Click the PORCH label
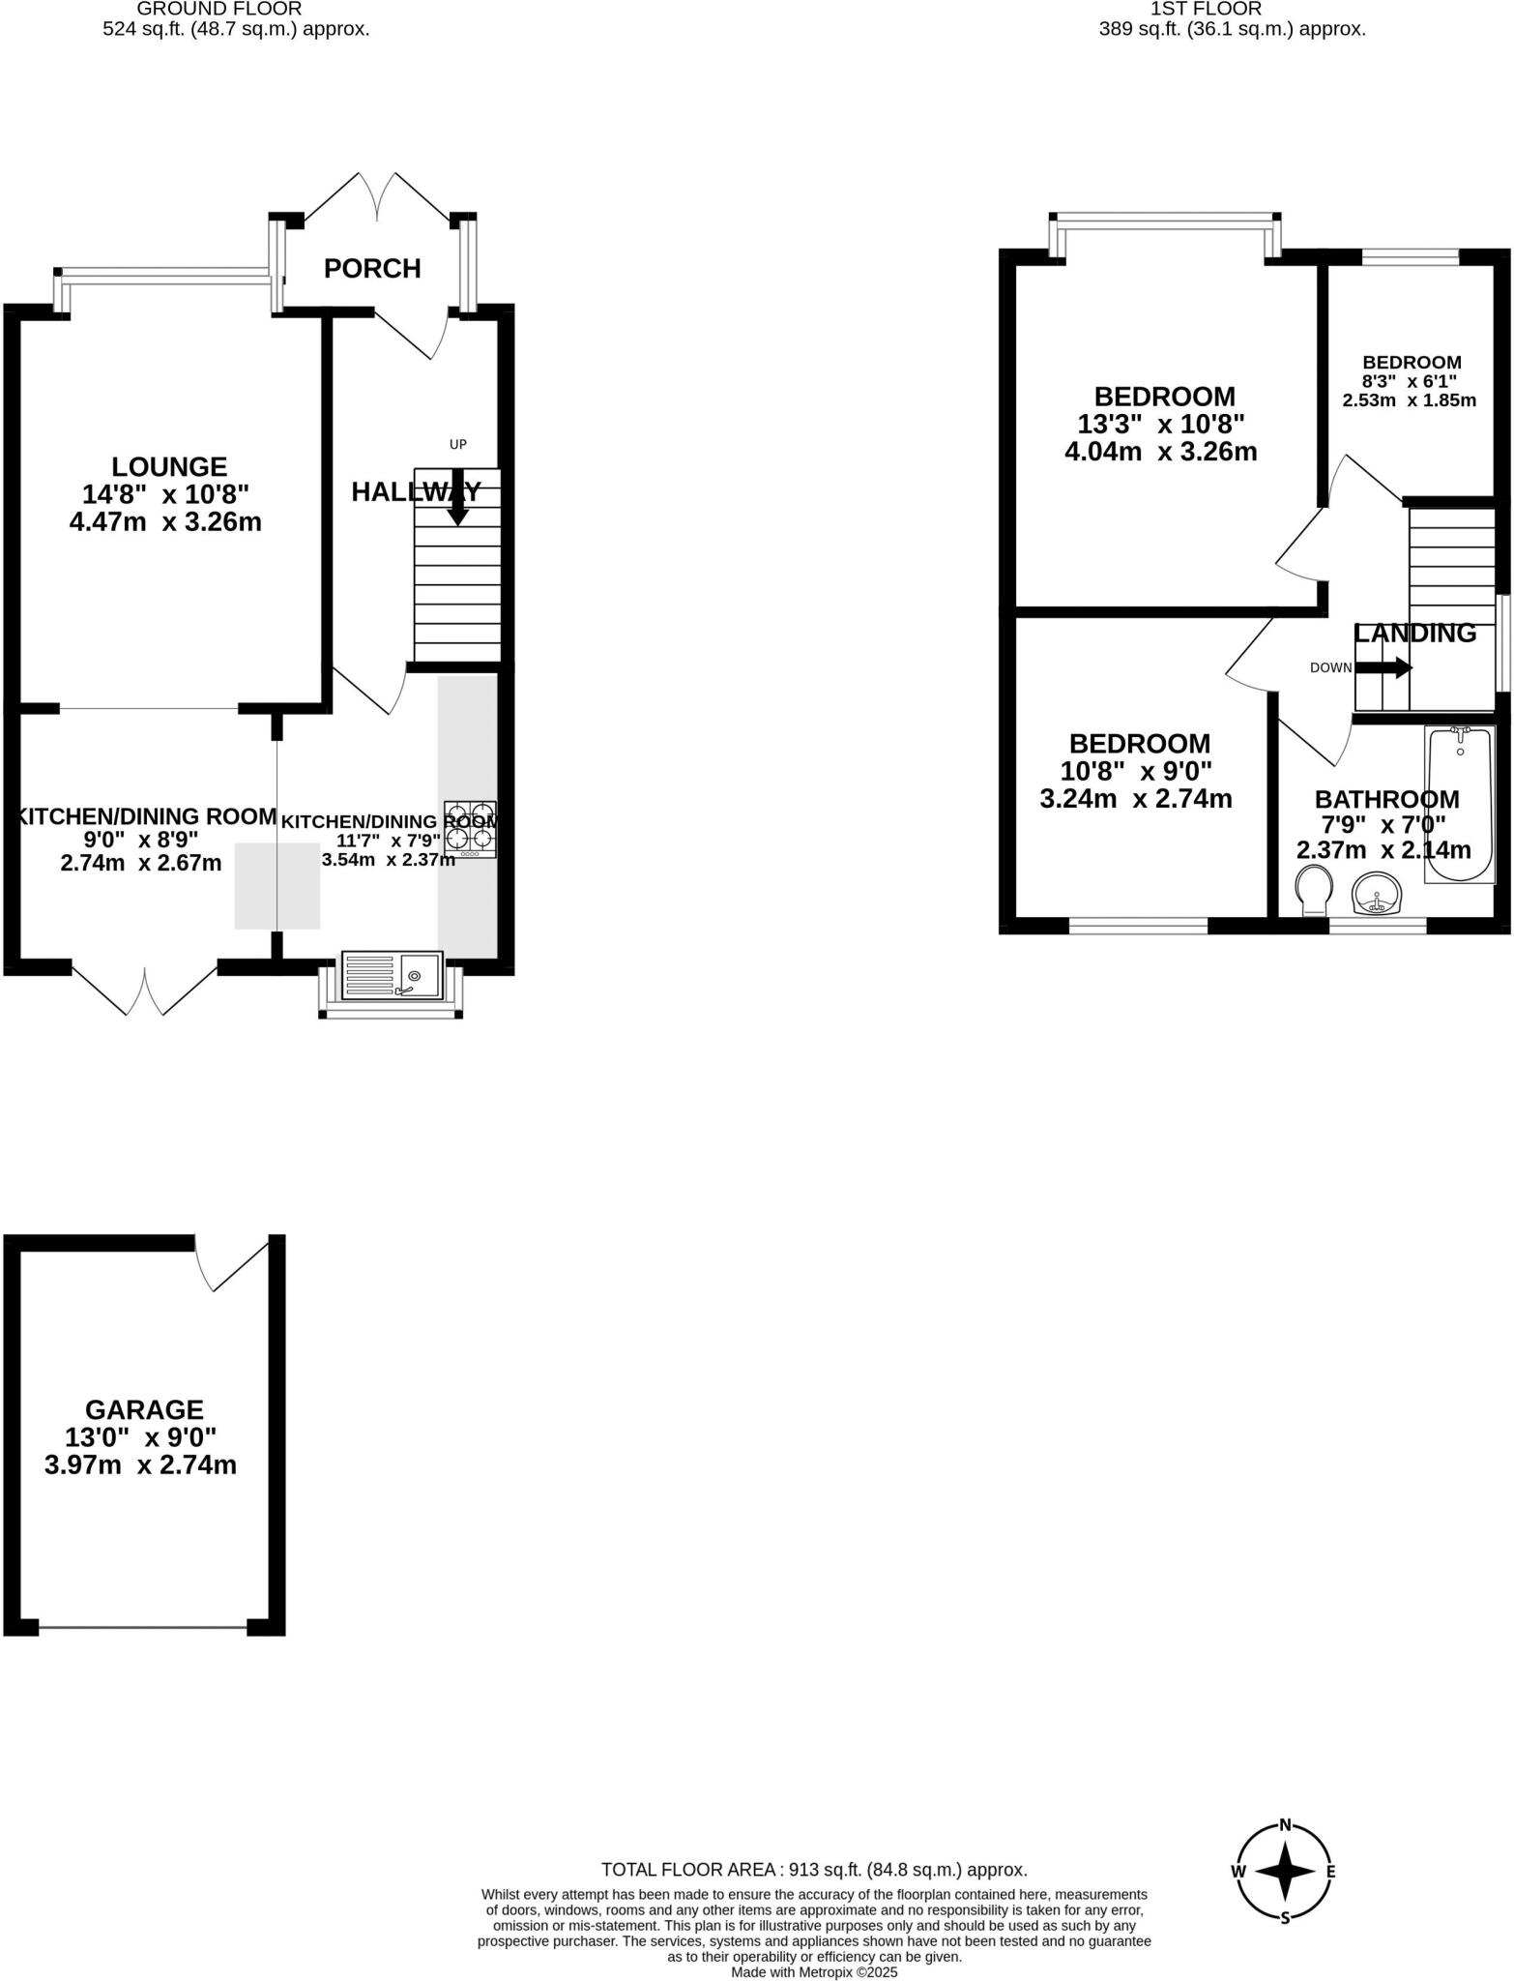point(372,268)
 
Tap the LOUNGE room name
point(169,466)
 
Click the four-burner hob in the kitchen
point(471,828)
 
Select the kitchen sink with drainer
point(392,975)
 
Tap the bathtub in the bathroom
point(1460,804)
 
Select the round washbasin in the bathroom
point(1377,894)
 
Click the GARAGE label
point(144,1409)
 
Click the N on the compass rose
point(1285,1825)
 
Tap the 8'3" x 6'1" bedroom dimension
point(1409,381)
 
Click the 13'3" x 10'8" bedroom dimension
point(1160,424)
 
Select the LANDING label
point(1414,633)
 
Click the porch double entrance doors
point(377,198)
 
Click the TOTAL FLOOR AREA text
point(813,1870)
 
